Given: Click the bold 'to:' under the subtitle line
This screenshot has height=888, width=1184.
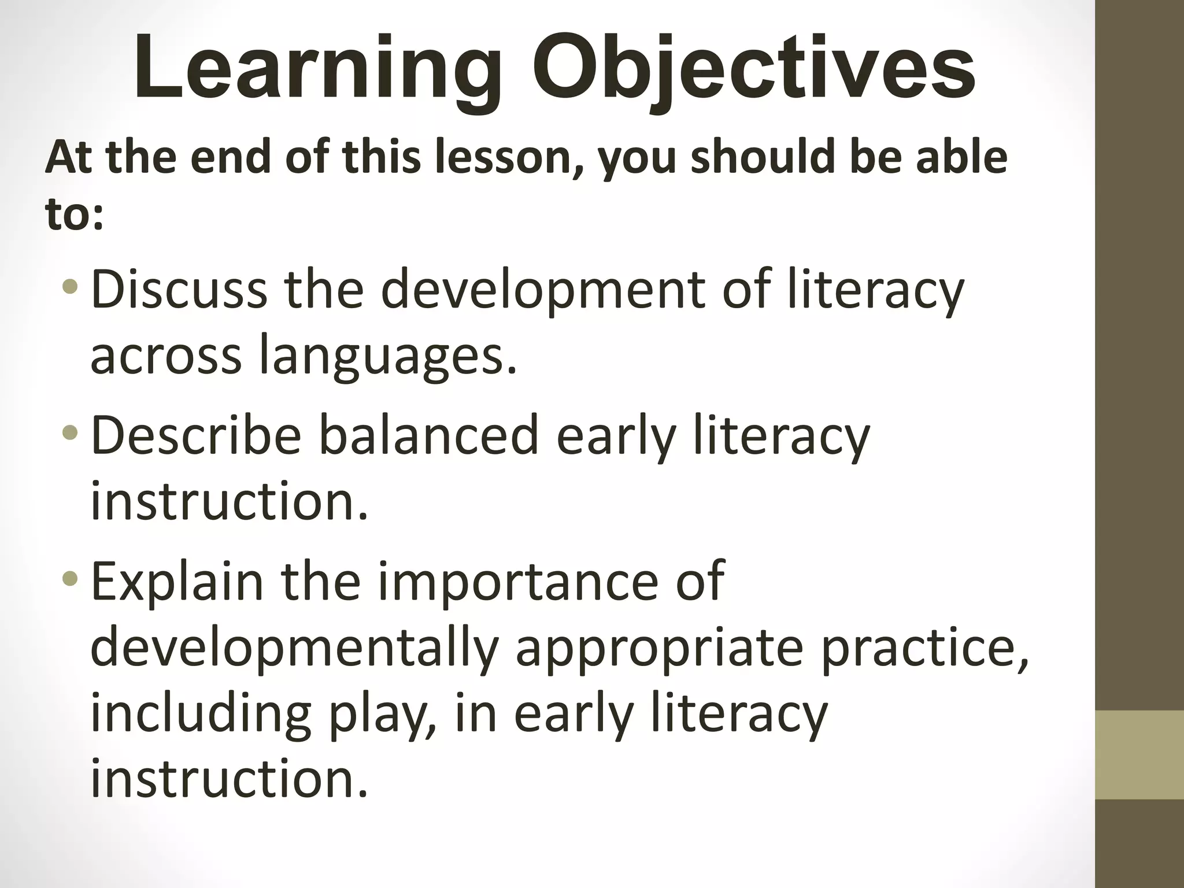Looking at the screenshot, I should click(x=75, y=214).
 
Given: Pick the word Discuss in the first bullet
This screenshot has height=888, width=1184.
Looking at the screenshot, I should click(x=179, y=289).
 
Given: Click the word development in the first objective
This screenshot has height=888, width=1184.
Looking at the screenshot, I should click(x=543, y=289).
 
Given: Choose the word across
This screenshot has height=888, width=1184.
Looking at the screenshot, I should click(x=166, y=355).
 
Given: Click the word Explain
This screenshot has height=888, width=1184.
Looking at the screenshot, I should click(x=177, y=581).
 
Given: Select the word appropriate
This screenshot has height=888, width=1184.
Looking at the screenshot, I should click(x=659, y=647).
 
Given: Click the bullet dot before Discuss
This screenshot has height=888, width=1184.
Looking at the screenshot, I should click(x=71, y=287).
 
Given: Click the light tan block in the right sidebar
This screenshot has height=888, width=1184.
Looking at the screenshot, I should click(x=1139, y=755).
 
